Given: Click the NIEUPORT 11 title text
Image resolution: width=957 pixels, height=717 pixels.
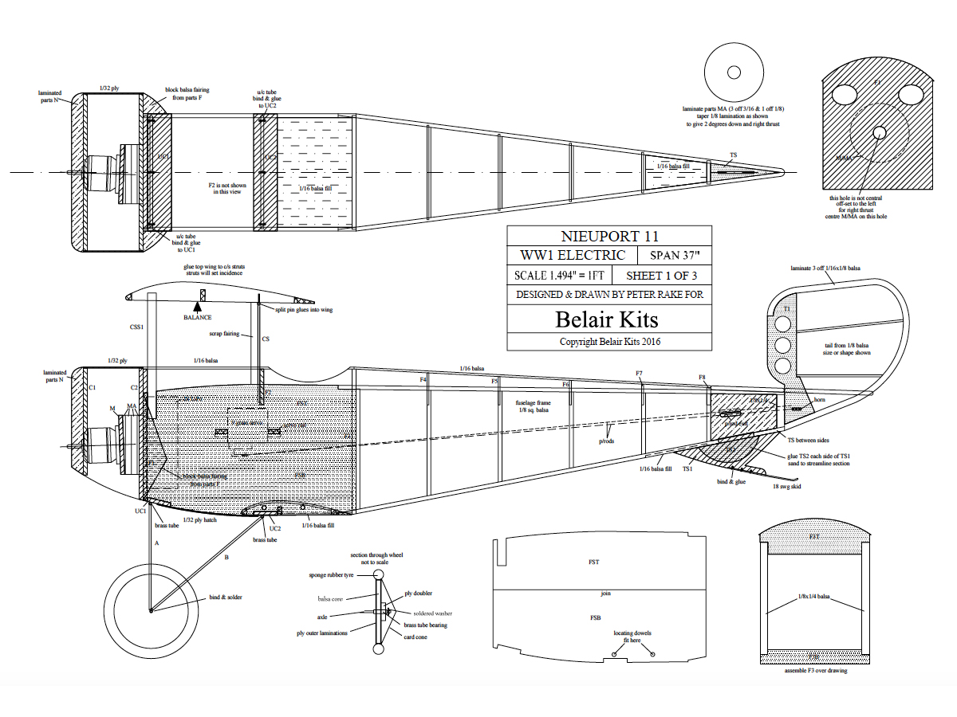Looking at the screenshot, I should (609, 236).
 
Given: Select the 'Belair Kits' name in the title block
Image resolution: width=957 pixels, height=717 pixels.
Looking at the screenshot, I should (607, 319).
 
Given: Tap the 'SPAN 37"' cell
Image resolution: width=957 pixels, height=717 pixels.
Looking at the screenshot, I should (674, 256).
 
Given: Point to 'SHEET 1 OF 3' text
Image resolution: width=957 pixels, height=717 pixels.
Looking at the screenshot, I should (661, 276).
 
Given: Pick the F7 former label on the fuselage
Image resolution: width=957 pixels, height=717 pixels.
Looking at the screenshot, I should (639, 373).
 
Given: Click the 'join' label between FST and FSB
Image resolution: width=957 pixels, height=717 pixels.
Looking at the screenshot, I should (605, 593).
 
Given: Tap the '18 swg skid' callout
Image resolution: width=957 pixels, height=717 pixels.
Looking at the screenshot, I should (786, 485).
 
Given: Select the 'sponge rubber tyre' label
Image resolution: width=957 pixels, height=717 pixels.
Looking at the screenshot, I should (334, 574).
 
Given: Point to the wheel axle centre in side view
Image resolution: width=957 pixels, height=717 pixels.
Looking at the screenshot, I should (151, 611).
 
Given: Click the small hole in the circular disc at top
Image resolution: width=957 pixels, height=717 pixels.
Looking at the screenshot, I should (734, 72).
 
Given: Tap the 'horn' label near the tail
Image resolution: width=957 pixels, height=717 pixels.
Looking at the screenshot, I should (819, 399).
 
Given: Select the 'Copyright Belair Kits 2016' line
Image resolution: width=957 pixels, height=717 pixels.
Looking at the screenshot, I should (610, 341).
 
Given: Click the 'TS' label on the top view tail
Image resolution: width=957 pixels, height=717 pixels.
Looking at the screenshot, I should (733, 155).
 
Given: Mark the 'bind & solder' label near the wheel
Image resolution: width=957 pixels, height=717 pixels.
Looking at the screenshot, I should (225, 597).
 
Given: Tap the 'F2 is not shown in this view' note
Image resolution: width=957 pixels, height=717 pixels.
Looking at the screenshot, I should (227, 188).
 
